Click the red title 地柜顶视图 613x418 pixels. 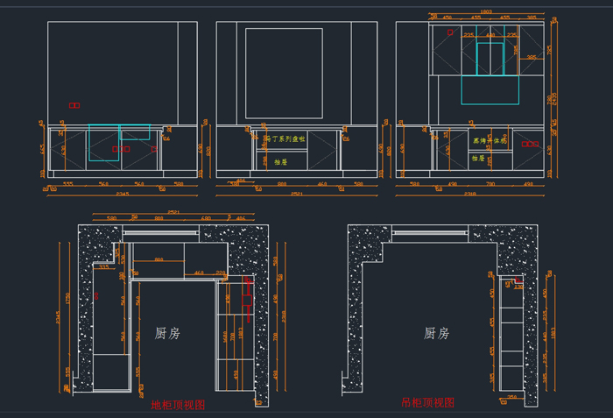178,405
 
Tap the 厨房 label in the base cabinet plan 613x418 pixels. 167,333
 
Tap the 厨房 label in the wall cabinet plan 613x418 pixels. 436,333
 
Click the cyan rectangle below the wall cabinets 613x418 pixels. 490,89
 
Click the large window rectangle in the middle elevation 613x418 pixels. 285,73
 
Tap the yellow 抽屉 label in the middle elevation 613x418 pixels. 280,162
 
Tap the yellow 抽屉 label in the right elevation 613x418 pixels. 478,159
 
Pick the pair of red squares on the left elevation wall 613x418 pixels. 74,105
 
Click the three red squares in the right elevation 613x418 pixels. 531,144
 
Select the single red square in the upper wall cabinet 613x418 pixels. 451,32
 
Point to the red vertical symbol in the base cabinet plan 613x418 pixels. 247,300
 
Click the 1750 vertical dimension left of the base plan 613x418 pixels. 67,302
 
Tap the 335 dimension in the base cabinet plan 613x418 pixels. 104,267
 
